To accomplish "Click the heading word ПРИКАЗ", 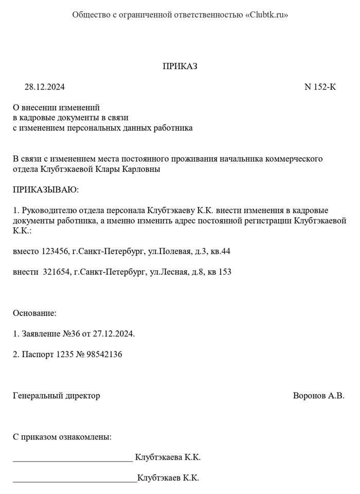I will click(x=180, y=66).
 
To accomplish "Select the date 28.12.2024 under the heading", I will click(x=45, y=87).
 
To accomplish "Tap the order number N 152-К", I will click(x=320, y=87).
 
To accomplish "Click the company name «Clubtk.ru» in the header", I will click(x=267, y=15).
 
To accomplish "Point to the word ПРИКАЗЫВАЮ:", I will click(x=46, y=190).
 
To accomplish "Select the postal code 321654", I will click(x=56, y=272).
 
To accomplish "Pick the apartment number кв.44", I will click(x=220, y=251).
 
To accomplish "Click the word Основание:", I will click(x=34, y=313).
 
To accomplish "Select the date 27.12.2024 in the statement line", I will click(x=113, y=333).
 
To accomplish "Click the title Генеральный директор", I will click(x=56, y=396).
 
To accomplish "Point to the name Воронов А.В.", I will click(x=318, y=396).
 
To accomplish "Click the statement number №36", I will click(x=71, y=333).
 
